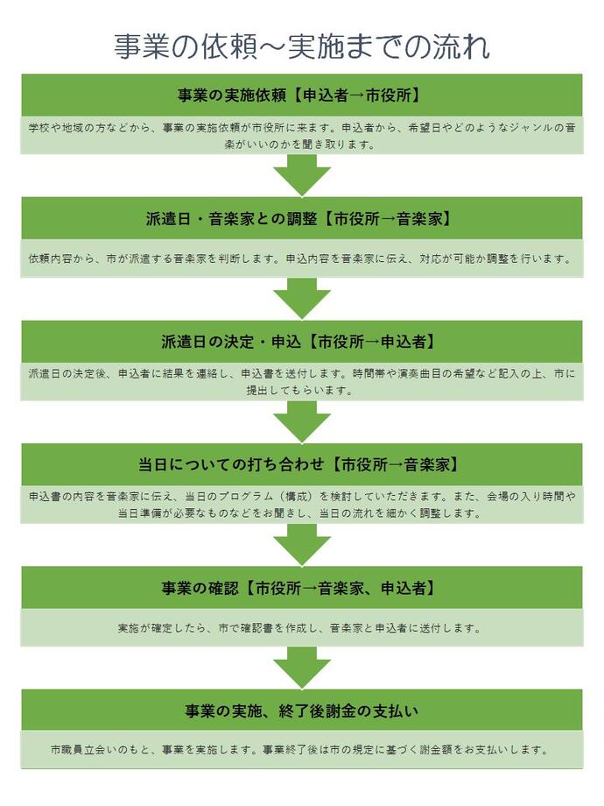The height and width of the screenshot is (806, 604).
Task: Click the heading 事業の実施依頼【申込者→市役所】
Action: (x=301, y=95)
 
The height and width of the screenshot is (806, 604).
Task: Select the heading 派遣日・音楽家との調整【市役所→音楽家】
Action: (x=301, y=218)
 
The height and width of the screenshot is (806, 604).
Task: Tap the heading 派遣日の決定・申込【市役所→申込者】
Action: (x=301, y=341)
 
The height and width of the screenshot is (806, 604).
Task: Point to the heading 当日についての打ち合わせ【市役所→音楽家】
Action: (x=301, y=463)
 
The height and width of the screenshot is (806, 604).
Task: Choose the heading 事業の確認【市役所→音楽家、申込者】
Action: (x=301, y=587)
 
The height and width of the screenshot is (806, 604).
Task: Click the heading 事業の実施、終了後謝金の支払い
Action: (x=301, y=709)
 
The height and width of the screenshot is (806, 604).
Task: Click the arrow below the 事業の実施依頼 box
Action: (x=301, y=178)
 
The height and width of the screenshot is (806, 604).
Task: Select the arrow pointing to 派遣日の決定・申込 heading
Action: (x=301, y=300)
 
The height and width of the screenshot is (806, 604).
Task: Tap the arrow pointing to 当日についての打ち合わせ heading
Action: (x=301, y=423)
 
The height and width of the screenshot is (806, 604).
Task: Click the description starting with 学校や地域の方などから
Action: (x=301, y=136)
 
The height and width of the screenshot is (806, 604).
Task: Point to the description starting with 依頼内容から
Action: (x=301, y=259)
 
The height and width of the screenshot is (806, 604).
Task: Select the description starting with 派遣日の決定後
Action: (x=301, y=382)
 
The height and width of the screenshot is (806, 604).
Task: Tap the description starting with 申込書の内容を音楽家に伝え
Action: (x=301, y=505)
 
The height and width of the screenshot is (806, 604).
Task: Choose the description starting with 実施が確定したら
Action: (x=301, y=628)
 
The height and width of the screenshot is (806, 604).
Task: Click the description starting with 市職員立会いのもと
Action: (x=301, y=750)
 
